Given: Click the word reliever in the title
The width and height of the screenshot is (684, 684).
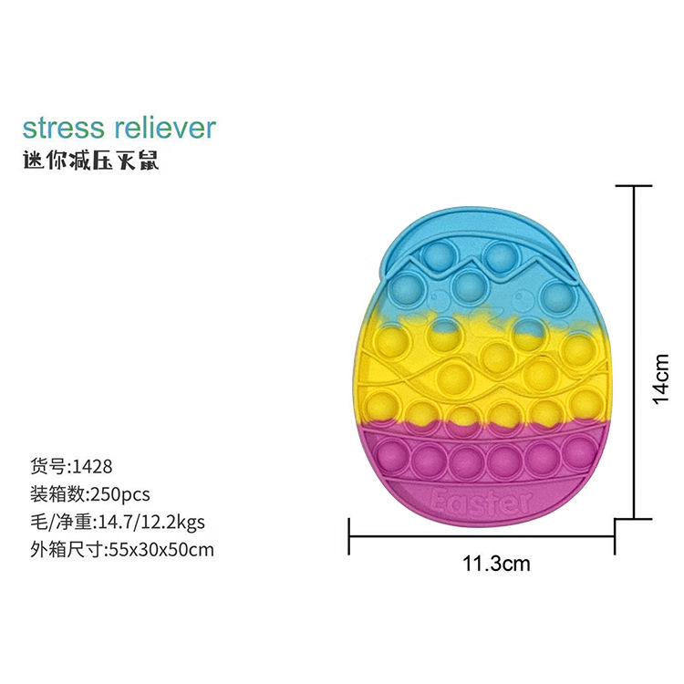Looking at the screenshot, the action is tap(164, 127).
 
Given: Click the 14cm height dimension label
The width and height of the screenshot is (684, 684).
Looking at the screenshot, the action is tap(663, 378).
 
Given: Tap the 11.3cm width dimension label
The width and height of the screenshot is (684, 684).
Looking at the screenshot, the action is tap(496, 563).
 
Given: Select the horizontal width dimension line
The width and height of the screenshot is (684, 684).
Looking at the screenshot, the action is tap(483, 536).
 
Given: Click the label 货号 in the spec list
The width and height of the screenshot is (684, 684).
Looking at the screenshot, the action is tap(47, 466).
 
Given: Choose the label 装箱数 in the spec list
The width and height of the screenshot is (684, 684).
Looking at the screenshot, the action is tap(57, 493).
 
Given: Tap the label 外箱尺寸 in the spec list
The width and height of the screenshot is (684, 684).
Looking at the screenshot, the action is tap(65, 549).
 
